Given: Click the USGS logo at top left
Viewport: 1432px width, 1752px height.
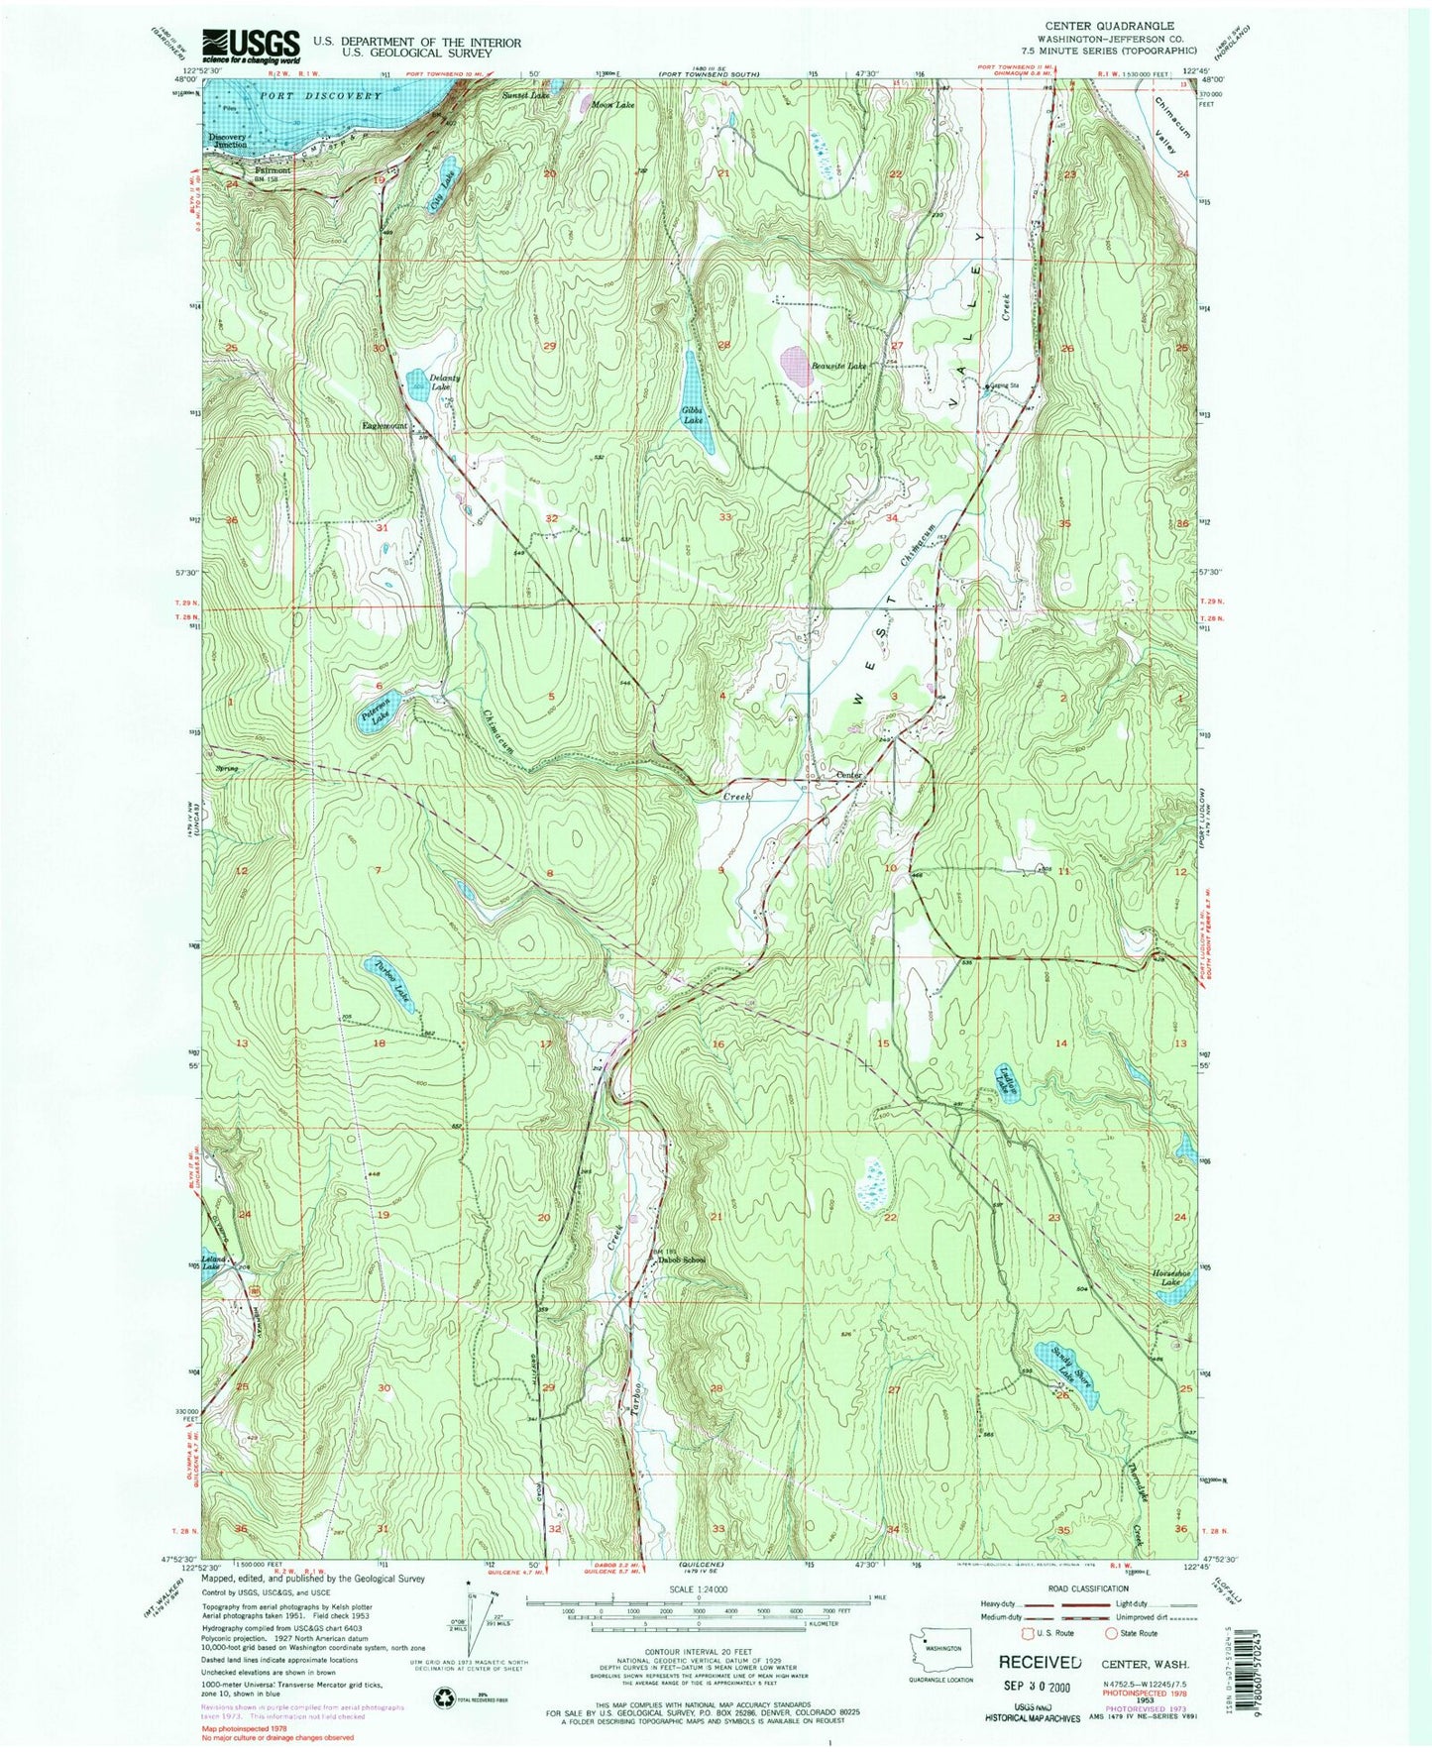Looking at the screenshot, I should coord(251,44).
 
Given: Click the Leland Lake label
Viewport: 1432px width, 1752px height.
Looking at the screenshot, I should coord(215,1264).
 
